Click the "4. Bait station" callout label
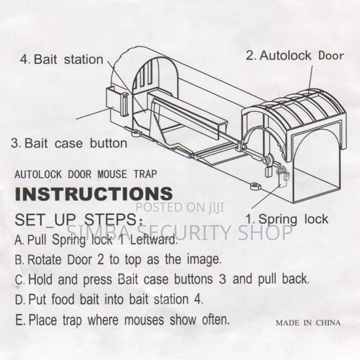(61, 59)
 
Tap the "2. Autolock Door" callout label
(294, 56)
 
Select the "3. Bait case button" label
(69, 143)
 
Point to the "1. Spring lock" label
(286, 219)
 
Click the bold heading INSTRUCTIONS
(93, 193)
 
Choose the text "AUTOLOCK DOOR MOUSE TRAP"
(85, 174)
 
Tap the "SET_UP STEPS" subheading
(76, 220)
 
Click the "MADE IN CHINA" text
(308, 322)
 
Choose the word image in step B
(201, 259)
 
